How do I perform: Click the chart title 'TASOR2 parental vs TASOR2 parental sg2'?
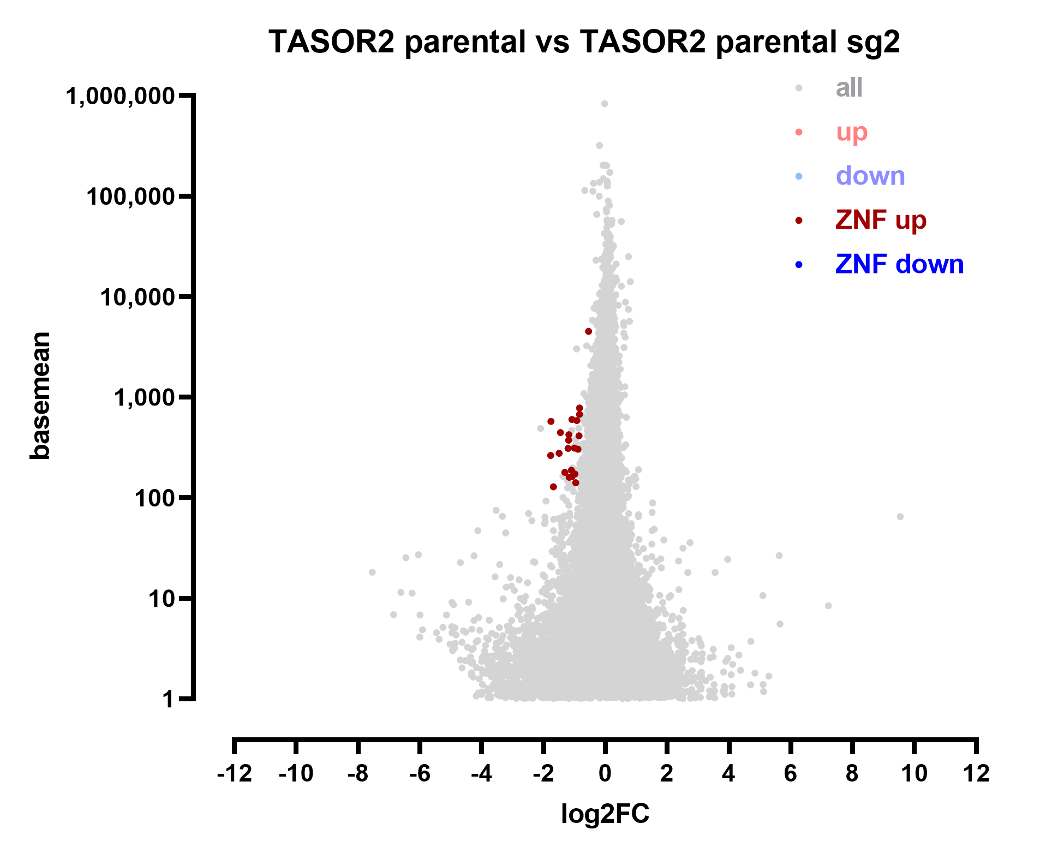point(584,42)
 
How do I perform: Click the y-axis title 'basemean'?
point(40,396)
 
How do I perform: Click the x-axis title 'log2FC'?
point(605,814)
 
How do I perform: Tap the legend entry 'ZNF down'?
point(899,265)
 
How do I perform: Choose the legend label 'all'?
point(849,87)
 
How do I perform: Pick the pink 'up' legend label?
point(851,132)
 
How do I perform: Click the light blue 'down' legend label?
point(870,176)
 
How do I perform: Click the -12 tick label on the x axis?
point(234,773)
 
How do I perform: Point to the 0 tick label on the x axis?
point(605,773)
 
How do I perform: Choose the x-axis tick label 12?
point(976,773)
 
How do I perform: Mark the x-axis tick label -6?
point(420,773)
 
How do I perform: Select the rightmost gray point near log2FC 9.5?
point(900,517)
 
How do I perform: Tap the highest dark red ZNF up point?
point(588,331)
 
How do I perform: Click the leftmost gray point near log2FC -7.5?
point(372,572)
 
